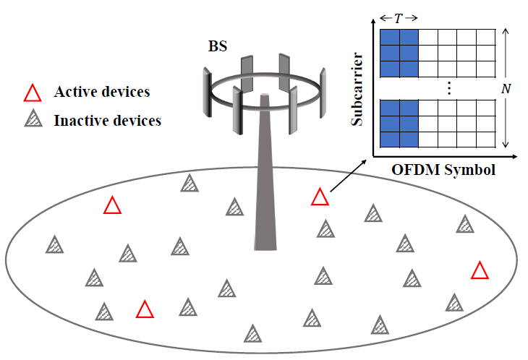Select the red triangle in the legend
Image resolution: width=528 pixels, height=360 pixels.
click(x=33, y=93)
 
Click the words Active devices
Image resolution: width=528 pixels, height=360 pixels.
click(x=102, y=93)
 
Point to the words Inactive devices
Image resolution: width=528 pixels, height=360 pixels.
click(x=108, y=120)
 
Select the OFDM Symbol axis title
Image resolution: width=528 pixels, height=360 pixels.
click(x=443, y=172)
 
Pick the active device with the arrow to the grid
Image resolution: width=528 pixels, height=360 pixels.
click(x=319, y=197)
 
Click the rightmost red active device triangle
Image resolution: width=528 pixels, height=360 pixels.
click(x=480, y=271)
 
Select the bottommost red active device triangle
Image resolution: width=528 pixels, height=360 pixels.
click(x=145, y=310)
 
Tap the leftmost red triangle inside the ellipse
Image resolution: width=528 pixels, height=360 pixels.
click(x=111, y=206)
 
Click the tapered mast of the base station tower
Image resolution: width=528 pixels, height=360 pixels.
click(x=265, y=188)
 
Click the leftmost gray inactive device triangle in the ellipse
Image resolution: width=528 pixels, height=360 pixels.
click(x=54, y=244)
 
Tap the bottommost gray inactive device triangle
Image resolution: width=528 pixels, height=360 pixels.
click(x=252, y=334)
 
